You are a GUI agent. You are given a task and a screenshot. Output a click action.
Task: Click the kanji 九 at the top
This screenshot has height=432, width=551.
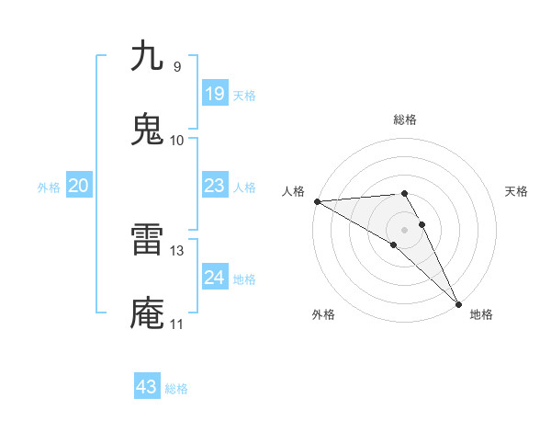pyautogui.click(x=147, y=56)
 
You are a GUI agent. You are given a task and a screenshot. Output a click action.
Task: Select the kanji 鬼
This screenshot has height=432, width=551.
pyautogui.click(x=147, y=130)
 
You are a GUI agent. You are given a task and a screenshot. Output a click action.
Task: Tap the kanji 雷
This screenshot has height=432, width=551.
pyautogui.click(x=147, y=240)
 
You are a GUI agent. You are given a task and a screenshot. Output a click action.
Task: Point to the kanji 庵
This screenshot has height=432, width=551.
pyautogui.click(x=147, y=313)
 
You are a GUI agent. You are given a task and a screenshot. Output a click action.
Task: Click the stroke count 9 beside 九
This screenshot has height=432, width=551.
pyautogui.click(x=176, y=67)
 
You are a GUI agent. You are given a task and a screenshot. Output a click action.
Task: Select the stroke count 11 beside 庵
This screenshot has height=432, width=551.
pyautogui.click(x=176, y=324)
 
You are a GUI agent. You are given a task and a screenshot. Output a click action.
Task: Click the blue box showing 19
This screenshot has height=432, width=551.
pyautogui.click(x=214, y=94)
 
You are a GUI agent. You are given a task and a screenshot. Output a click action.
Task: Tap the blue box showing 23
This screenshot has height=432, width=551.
pyautogui.click(x=214, y=186)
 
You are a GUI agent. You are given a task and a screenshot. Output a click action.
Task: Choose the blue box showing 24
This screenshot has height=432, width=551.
pyautogui.click(x=214, y=277)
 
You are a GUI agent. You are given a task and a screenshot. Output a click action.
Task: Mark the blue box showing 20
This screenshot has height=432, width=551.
pyautogui.click(x=79, y=186)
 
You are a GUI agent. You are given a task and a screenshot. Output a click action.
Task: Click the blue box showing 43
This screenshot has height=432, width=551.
pyautogui.click(x=146, y=387)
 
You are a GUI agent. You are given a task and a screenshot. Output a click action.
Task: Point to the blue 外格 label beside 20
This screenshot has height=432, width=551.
pyautogui.click(x=49, y=187)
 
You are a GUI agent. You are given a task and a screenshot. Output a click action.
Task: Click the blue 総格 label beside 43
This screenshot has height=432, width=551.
pyautogui.click(x=176, y=388)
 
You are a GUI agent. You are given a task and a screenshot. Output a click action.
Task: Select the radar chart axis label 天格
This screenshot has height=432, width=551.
pyautogui.click(x=517, y=191)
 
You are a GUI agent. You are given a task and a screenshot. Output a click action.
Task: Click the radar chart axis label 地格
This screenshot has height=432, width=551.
pyautogui.click(x=481, y=314)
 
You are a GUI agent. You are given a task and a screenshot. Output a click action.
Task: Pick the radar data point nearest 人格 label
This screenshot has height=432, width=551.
pyautogui.click(x=317, y=201)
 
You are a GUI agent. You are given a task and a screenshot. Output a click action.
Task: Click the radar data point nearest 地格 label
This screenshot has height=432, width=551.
pyautogui.click(x=458, y=302)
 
